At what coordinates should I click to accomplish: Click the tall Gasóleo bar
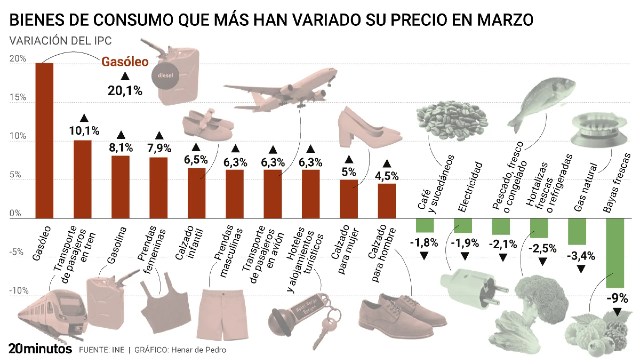(44, 140)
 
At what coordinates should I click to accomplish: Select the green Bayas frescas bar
(615, 253)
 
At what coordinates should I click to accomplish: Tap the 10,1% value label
(84, 131)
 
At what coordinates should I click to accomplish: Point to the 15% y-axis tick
(18, 97)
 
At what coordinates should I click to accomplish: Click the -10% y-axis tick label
(19, 291)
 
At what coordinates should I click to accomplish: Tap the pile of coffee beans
(452, 118)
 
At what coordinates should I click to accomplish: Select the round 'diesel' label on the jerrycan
(165, 75)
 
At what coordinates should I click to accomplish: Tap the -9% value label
(617, 298)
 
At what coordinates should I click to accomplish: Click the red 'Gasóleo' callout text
(125, 62)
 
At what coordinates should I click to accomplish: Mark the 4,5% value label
(387, 176)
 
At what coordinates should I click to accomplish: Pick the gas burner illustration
(598, 130)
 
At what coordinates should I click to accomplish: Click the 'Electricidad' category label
(470, 187)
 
